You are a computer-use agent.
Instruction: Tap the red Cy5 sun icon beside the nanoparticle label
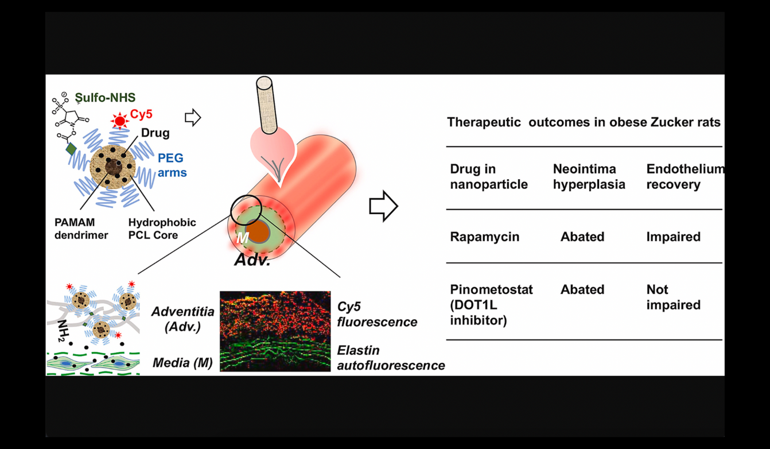coord(120,121)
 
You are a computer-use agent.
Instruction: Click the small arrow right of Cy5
coord(193,118)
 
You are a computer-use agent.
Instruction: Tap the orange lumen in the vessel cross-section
coord(261,230)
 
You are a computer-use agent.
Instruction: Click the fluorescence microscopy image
coord(275,331)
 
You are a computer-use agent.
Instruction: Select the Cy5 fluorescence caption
coord(376,314)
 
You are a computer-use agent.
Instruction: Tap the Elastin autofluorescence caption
coord(391,357)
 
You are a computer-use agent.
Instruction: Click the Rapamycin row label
coord(484,237)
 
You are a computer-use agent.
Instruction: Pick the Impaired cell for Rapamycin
coord(673,237)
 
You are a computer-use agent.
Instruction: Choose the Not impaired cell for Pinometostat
coord(673,297)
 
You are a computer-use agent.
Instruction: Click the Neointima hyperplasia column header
coord(589,177)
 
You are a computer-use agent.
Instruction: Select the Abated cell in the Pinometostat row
coord(582,290)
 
